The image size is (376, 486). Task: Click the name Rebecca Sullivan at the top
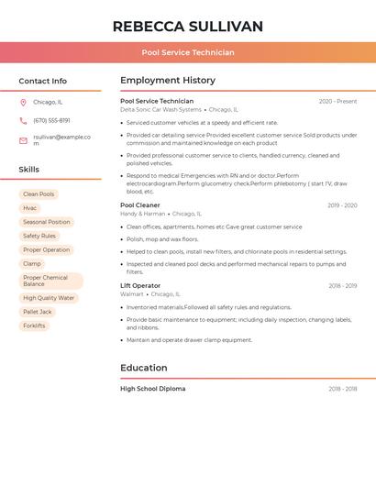point(188,27)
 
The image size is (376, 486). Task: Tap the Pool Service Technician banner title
point(188,52)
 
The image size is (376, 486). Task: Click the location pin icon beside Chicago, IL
point(23,103)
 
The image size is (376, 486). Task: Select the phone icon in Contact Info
point(23,121)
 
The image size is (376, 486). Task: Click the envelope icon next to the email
point(23,140)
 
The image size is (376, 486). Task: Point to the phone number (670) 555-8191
point(51,121)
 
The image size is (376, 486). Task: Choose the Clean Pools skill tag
point(39,194)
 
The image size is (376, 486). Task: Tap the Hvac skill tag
point(30,208)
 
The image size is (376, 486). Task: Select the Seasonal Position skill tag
point(46,222)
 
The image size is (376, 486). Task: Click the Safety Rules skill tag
point(39,236)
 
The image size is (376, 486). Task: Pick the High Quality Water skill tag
point(49,298)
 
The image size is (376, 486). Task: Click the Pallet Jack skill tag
point(37,312)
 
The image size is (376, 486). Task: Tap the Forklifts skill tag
point(34,326)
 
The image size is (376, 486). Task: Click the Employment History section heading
point(168,81)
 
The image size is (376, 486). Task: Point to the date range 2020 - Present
point(337,102)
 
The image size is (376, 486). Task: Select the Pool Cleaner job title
point(140,205)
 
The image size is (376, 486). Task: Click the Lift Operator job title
point(140,286)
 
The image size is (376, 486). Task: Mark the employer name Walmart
point(132,294)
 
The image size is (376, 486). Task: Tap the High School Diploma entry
point(153,389)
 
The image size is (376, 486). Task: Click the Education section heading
point(143,368)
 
